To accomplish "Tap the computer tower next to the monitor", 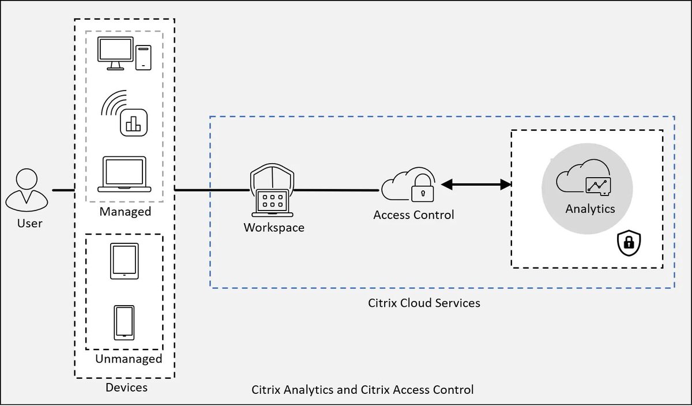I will click(143, 58).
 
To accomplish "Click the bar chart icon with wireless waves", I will click(133, 123).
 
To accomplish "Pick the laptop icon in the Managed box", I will click(124, 174).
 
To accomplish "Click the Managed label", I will click(125, 212).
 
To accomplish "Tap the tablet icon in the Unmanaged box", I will click(124, 261).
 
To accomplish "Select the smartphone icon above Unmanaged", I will click(124, 322).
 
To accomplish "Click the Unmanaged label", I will click(129, 359).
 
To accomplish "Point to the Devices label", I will click(126, 388).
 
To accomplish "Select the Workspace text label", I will click(274, 228).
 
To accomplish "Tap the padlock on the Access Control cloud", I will click(423, 189).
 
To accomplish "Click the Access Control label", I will click(413, 215).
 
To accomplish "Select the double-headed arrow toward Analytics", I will click(476, 185).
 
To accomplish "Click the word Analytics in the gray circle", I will click(590, 209).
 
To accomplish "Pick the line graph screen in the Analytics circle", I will click(597, 185).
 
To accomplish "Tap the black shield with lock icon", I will click(629, 244).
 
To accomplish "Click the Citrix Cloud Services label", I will click(424, 303).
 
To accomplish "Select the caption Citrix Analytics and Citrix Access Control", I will click(363, 390).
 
